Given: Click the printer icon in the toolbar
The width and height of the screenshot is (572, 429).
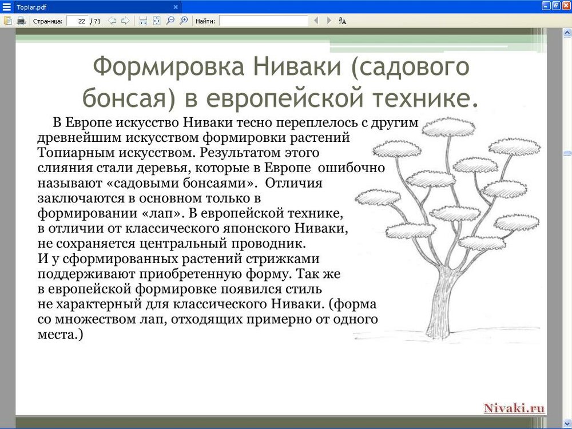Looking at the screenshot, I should point(21,21).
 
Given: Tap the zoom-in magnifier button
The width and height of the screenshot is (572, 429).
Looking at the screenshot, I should point(184,21).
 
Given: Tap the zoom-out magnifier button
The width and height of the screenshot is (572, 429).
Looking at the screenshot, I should point(170,21).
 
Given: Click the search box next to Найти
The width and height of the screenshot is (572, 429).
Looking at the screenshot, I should point(263,21).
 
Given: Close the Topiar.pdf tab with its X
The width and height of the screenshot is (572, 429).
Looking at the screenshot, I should point(176,7).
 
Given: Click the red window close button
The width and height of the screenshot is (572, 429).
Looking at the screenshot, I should point(566,6).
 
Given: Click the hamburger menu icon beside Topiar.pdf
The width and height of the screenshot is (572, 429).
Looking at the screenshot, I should point(6,7).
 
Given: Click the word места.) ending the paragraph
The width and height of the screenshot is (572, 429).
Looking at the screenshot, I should point(60,334).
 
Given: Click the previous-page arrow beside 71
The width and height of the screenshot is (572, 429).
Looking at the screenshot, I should point(112,21).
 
